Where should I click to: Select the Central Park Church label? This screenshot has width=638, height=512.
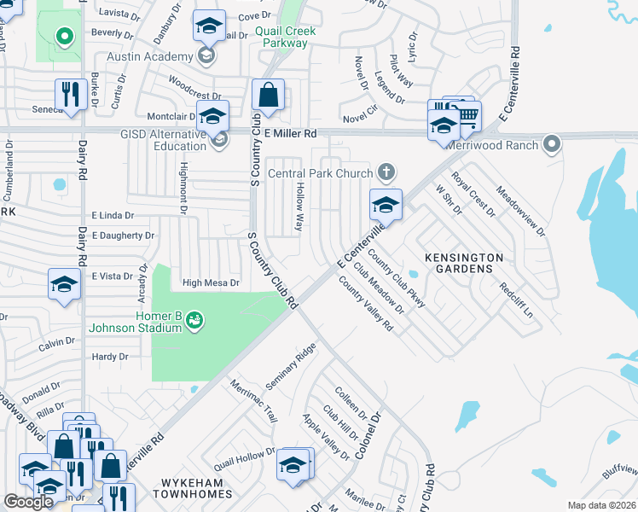point(319,173)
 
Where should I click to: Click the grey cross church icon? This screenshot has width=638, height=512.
point(386,173)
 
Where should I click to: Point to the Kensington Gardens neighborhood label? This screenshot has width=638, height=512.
point(463,263)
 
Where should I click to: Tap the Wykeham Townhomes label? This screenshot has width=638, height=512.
point(192,493)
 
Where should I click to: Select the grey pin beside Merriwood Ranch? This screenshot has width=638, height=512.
point(552,144)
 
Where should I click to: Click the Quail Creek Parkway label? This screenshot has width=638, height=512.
point(285,37)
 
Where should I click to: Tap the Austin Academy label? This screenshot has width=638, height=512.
point(150,57)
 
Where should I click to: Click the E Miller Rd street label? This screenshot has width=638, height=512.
point(290,134)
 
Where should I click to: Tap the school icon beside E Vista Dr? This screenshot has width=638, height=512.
point(64,285)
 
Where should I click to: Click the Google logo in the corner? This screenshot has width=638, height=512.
point(28,502)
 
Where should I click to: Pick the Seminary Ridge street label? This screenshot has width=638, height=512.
point(290,366)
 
